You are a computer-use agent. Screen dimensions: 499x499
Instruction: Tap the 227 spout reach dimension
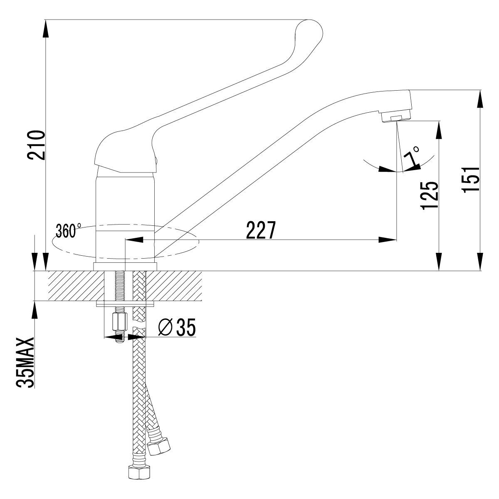(261, 231)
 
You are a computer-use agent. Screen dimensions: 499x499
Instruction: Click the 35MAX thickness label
(26, 363)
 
